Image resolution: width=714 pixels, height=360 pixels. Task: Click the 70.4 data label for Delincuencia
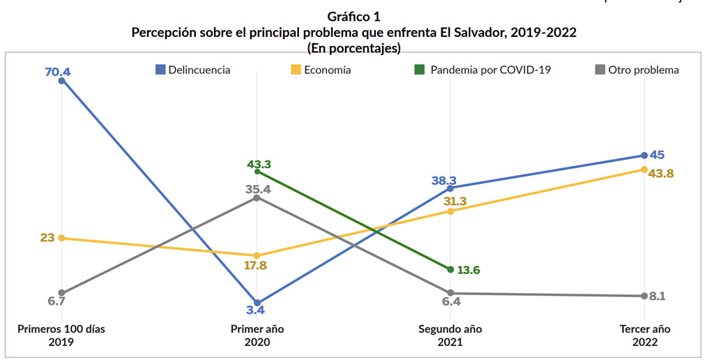click(59, 71)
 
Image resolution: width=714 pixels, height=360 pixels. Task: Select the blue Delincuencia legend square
click(160, 70)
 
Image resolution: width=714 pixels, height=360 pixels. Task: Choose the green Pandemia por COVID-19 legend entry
click(482, 70)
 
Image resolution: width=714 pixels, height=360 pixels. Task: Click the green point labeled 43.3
click(257, 171)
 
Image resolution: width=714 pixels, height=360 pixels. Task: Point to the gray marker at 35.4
click(257, 197)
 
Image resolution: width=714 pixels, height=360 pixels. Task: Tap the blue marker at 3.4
click(257, 303)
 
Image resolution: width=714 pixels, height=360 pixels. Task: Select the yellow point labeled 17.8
click(257, 255)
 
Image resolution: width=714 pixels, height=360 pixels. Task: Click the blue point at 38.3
click(450, 188)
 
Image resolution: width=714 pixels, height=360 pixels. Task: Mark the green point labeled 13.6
click(450, 269)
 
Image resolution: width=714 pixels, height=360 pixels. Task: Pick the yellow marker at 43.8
click(643, 170)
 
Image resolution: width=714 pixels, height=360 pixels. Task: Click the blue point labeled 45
click(643, 155)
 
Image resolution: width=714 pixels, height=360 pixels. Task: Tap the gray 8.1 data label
click(657, 296)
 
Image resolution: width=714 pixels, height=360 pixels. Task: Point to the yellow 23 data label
click(47, 238)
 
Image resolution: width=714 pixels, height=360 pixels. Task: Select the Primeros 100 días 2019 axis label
click(61, 336)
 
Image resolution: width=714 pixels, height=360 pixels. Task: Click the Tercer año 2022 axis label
click(643, 336)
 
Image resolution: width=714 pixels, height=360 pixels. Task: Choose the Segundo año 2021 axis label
click(450, 336)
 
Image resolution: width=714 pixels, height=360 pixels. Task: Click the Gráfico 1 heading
click(354, 15)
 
